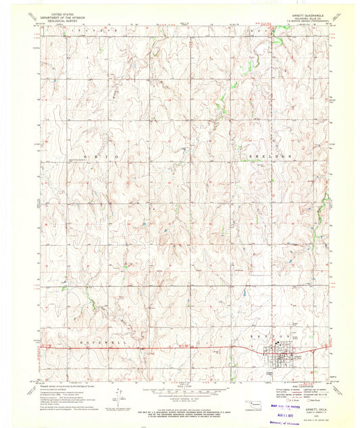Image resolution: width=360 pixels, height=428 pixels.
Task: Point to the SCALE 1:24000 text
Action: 179,385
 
